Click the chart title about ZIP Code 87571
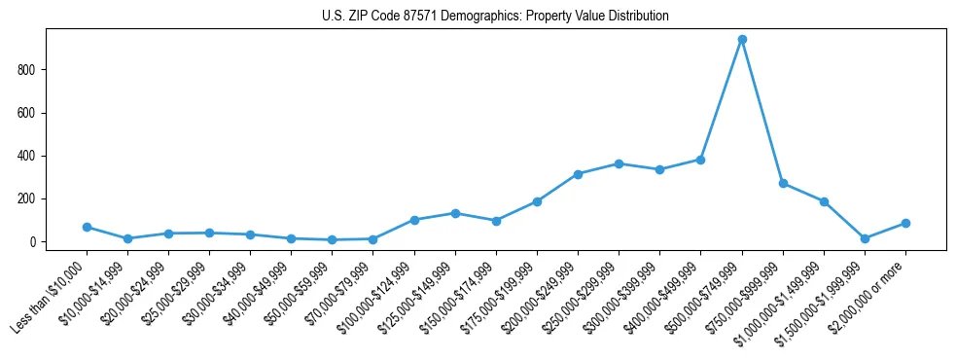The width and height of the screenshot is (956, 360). [x=495, y=17]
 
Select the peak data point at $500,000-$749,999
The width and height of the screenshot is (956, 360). [x=742, y=40]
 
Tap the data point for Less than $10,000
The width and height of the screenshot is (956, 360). [x=87, y=227]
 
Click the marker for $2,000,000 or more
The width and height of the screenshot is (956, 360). [x=905, y=223]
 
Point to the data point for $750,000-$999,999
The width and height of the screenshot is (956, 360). [x=783, y=183]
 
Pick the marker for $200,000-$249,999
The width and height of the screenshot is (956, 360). [x=578, y=174]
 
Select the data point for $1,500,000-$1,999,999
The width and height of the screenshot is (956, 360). [x=865, y=238]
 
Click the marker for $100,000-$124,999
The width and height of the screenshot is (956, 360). [x=414, y=220]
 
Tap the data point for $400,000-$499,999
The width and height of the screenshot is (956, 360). [x=700, y=160]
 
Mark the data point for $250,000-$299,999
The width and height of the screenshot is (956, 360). [x=619, y=163]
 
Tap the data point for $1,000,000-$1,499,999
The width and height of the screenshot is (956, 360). [x=824, y=201]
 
